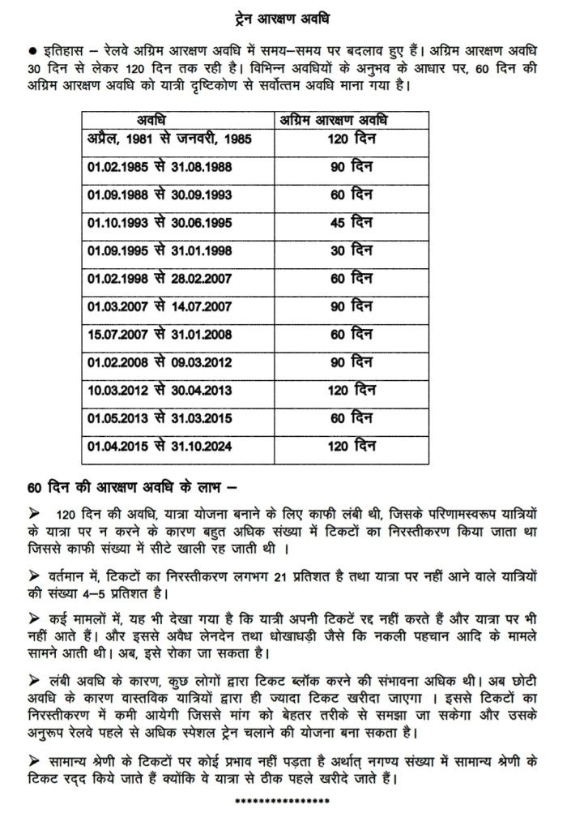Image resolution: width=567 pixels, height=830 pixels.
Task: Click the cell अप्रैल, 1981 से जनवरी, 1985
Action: [x=170, y=139]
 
